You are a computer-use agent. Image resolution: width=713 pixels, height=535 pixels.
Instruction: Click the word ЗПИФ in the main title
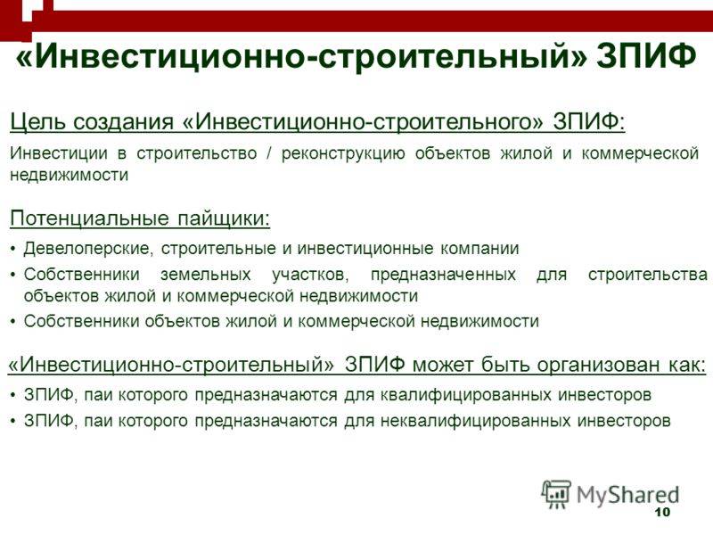647,56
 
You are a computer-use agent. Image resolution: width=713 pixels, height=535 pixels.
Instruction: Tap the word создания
124,123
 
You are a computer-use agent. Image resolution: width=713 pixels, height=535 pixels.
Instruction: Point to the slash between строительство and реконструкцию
269,153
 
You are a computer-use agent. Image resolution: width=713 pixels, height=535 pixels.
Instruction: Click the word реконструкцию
343,154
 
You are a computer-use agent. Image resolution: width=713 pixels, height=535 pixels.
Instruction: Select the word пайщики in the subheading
224,219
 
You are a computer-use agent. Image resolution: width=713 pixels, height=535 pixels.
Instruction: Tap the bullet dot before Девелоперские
12,250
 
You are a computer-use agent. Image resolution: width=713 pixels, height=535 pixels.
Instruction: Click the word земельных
206,275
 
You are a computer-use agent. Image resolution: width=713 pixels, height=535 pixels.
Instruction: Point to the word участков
310,276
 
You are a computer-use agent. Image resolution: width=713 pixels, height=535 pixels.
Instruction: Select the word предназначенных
443,276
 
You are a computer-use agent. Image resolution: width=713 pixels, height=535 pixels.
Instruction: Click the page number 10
662,512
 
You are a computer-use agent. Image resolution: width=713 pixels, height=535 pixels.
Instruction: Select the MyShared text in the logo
628,495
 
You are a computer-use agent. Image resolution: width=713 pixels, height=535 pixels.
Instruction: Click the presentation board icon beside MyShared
556,494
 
